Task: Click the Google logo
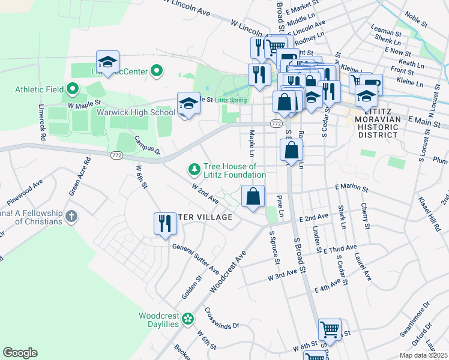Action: tap(20, 353)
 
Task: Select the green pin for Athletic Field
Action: tap(73, 90)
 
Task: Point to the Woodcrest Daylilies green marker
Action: tap(188, 318)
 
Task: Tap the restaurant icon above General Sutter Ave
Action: tap(165, 224)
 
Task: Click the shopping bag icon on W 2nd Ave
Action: tap(253, 196)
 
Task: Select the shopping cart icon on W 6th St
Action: tap(330, 329)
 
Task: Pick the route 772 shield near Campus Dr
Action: tap(117, 155)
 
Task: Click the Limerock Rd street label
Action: tap(42, 124)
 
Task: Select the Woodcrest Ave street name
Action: tap(228, 272)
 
